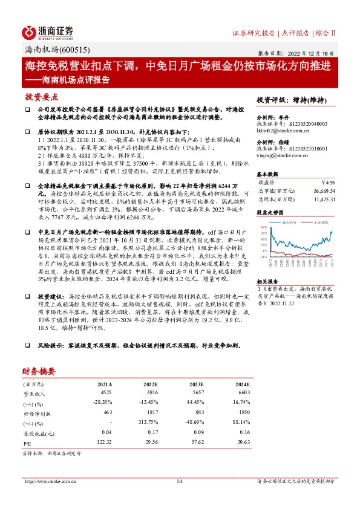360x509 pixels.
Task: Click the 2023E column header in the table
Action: (x=195, y=384)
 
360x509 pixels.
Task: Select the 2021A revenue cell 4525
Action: (x=105, y=393)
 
